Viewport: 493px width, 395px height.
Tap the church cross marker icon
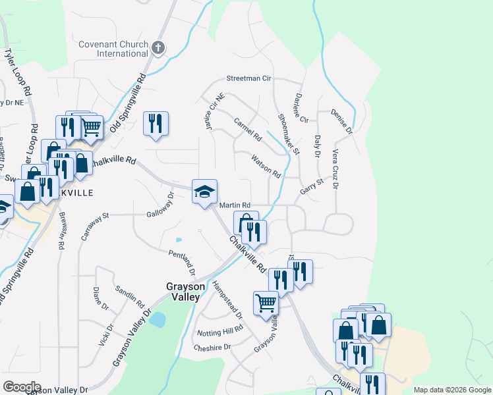tap(158, 47)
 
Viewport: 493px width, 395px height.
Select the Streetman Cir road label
tap(248, 78)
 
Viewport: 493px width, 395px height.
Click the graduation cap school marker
tap(204, 192)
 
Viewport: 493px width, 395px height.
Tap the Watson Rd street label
tap(266, 166)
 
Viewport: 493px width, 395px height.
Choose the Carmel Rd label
tap(248, 130)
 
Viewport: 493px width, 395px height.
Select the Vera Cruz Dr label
tap(335, 169)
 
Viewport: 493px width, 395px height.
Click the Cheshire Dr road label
tap(212, 347)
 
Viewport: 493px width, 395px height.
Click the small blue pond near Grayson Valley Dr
tap(158, 320)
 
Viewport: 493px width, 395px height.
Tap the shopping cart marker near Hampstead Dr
tap(266, 303)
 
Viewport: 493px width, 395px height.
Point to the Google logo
tap(21, 387)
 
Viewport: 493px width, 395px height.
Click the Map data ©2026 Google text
tap(452, 390)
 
